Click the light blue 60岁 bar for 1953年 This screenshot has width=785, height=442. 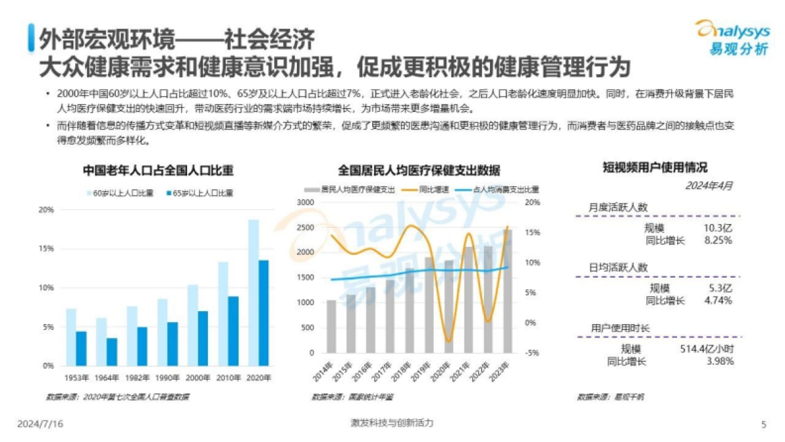(71, 337)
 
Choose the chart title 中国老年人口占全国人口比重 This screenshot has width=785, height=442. (158, 170)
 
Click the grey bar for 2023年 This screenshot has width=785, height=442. (508, 291)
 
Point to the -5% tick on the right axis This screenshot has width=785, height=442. (532, 353)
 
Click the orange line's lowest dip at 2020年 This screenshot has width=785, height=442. (448, 341)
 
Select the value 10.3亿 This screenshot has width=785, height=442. (717, 228)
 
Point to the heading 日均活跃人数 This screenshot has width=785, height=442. (618, 267)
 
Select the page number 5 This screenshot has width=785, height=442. (763, 424)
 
